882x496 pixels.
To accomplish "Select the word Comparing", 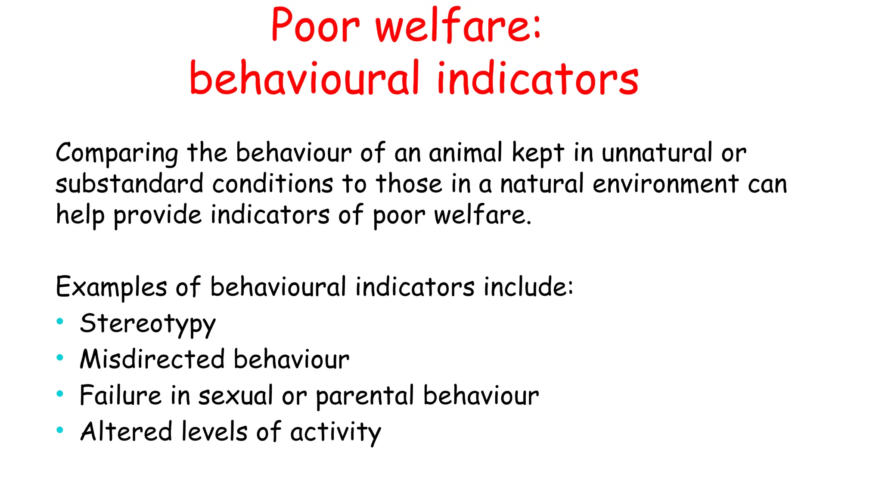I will (x=117, y=153).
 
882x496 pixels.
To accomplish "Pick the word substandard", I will (x=129, y=184).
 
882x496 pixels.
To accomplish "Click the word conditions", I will (x=273, y=184).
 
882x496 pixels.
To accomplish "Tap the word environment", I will (x=666, y=184).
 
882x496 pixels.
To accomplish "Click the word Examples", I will (x=111, y=288).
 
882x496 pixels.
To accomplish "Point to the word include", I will (x=528, y=287).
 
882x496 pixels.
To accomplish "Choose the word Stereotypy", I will (x=147, y=324).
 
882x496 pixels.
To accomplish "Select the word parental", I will (x=365, y=396).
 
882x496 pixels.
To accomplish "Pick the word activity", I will (x=335, y=432).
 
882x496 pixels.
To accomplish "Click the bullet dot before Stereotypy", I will (x=60, y=321).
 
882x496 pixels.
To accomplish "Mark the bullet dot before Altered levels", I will (x=60, y=430).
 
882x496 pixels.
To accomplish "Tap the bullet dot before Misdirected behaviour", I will (x=60, y=357).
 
